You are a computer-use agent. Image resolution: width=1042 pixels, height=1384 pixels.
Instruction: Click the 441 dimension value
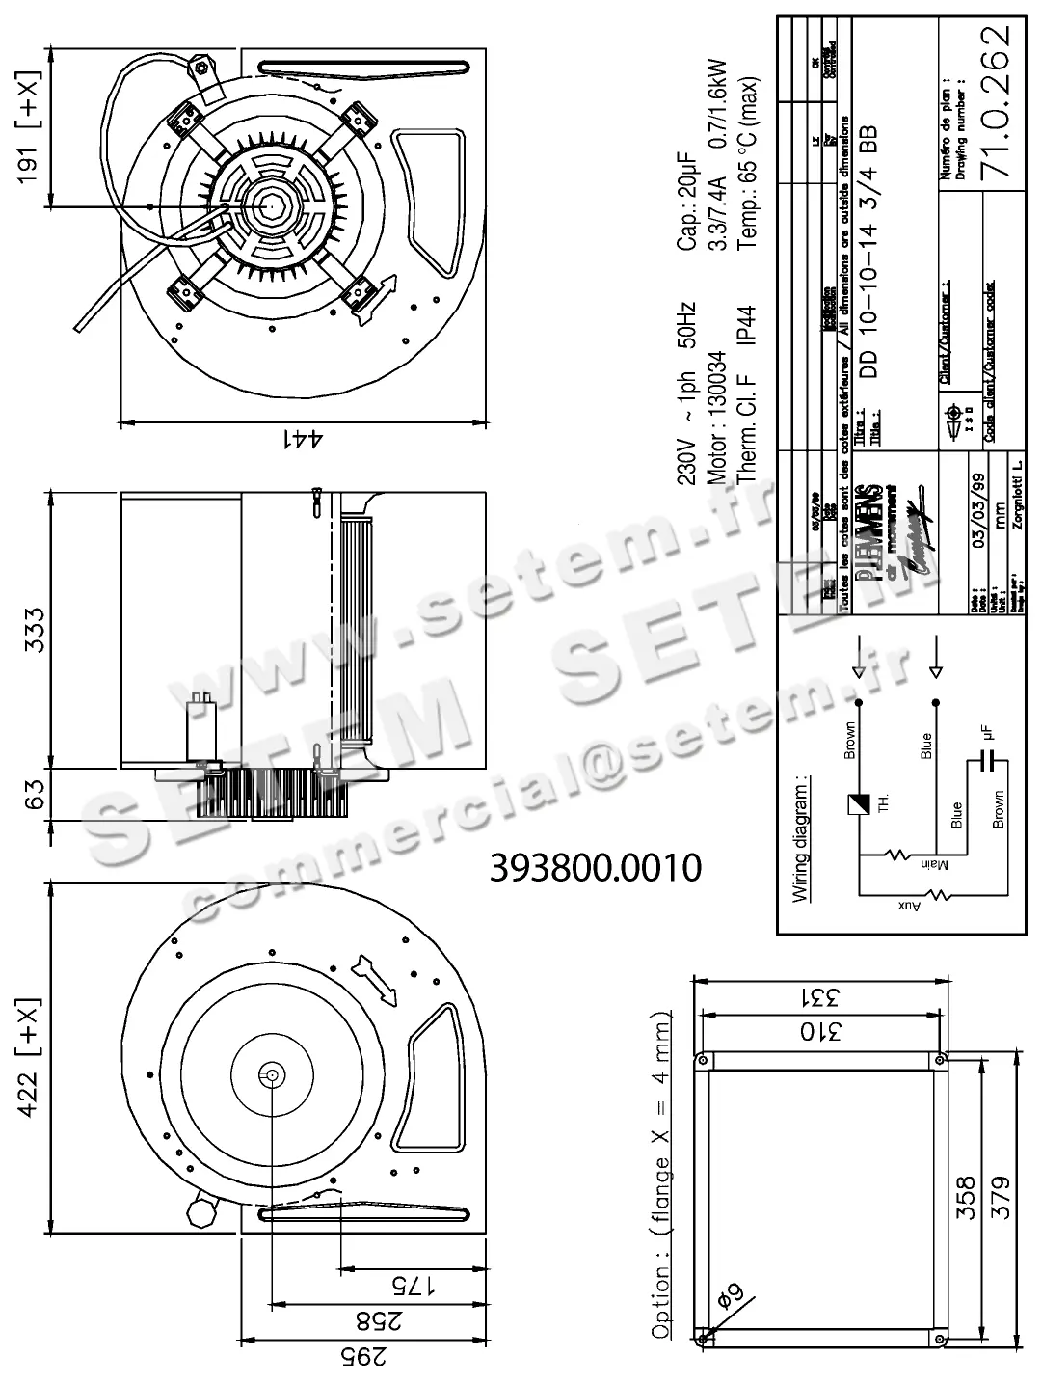point(301,440)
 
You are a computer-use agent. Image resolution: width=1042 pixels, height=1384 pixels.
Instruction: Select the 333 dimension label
point(35,629)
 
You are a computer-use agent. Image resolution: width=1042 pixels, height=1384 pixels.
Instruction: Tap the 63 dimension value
point(35,794)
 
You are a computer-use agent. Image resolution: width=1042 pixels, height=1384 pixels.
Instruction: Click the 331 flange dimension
point(819,995)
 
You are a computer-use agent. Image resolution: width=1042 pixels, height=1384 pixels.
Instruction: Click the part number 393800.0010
point(596,868)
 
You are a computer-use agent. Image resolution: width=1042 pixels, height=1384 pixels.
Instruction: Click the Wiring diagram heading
point(800,836)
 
